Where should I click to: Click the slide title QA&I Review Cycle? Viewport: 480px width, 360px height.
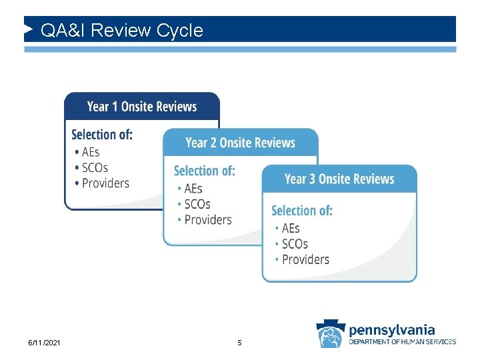point(121,31)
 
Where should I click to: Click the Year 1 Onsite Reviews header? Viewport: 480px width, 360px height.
point(142,107)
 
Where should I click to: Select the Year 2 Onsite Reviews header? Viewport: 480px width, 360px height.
point(240,143)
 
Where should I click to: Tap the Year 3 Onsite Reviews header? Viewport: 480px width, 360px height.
point(339,179)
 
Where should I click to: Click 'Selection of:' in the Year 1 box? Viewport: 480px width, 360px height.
point(102,135)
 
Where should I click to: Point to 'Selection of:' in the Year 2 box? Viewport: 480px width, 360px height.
point(205,171)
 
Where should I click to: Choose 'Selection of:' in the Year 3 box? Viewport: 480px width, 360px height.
point(302,211)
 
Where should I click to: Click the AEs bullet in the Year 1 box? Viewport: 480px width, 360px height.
point(91,152)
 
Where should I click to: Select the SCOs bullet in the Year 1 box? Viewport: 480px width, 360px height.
point(95,167)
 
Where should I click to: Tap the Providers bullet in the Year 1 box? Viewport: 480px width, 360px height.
point(105,183)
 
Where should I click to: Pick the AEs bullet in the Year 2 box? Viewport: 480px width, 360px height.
point(193,189)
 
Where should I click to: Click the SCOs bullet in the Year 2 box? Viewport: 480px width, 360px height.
point(197,204)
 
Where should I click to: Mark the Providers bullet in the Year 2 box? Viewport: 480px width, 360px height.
point(208,219)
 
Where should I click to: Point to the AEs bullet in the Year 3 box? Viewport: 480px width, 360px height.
point(291,229)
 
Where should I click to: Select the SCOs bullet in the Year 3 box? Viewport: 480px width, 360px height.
point(295,244)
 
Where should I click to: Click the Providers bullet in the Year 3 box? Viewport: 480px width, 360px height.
point(305,259)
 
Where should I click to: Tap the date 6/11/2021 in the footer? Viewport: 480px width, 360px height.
point(44,343)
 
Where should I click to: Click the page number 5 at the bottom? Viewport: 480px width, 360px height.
point(240,343)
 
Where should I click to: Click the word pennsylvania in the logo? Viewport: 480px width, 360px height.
point(392,329)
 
